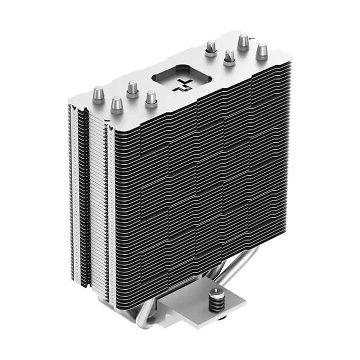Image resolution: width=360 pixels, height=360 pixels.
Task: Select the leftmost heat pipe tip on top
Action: (x=98, y=95)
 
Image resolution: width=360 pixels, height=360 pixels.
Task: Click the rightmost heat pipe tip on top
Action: (x=262, y=52)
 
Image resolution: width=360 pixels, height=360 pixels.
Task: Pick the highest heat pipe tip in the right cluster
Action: (x=243, y=42)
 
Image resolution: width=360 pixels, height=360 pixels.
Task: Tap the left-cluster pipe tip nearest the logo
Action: (x=151, y=98)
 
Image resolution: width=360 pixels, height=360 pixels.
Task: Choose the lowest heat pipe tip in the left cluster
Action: (x=116, y=105)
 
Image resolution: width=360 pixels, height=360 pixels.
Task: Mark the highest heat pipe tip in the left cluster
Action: (x=132, y=89)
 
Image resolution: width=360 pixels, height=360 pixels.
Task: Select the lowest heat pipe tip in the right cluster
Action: (x=229, y=57)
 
